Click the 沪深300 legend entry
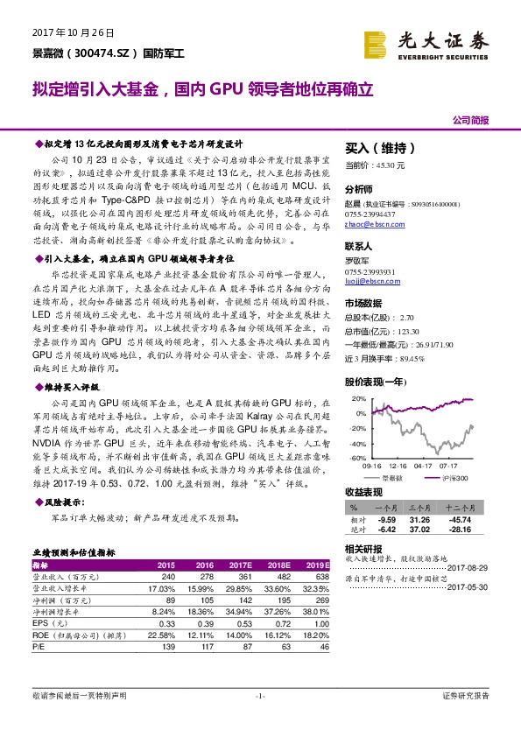456,478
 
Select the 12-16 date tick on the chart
398,467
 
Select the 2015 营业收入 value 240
168,577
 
